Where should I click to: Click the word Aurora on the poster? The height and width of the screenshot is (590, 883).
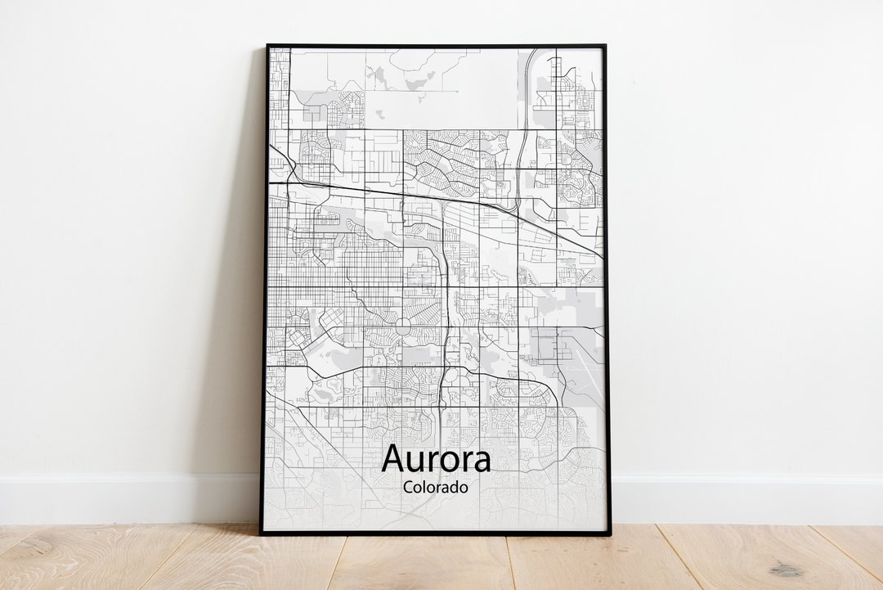point(436,459)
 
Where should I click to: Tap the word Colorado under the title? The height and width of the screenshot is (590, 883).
point(436,488)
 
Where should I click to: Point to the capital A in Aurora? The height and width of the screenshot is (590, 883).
point(393,458)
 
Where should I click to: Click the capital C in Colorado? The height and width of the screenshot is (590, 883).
point(408,488)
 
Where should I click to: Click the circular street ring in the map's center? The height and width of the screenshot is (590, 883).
point(402,326)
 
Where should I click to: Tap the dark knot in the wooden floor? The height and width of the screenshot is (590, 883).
point(787,568)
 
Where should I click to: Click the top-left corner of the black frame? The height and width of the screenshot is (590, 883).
point(267,46)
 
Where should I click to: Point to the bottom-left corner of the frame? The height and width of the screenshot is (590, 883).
point(262,534)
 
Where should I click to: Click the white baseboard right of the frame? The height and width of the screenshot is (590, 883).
point(744,499)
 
